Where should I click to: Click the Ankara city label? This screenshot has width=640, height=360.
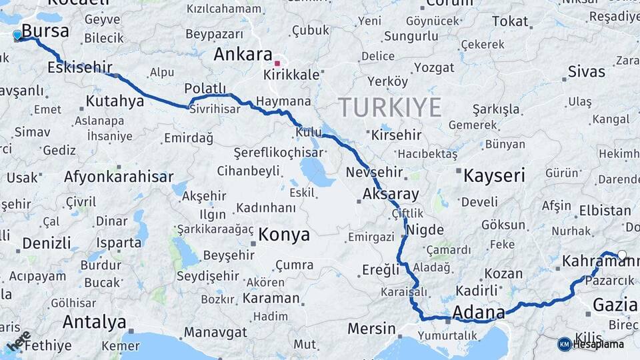tap(243, 55)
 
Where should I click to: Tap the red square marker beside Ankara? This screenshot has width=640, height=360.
tap(277, 63)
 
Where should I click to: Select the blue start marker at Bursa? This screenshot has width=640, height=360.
tap(17, 35)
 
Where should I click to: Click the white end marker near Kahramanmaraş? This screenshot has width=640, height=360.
tap(622, 255)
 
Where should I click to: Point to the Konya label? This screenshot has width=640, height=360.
tap(284, 235)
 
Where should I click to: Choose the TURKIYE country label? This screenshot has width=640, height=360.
tap(389, 107)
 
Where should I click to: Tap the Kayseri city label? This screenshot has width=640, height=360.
tap(494, 175)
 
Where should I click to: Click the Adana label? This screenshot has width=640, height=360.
tap(479, 312)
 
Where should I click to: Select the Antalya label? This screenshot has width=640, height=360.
tap(94, 323)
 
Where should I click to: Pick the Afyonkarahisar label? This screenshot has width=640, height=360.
tap(119, 177)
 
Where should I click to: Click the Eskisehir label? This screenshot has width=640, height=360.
tap(80, 67)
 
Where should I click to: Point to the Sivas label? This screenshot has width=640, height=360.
tap(586, 72)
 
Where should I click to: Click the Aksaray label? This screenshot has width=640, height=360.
tap(391, 195)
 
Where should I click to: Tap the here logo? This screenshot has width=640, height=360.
tap(19, 340)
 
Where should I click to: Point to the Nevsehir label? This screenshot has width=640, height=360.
tap(374, 173)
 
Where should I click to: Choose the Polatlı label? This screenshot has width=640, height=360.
tap(205, 89)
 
